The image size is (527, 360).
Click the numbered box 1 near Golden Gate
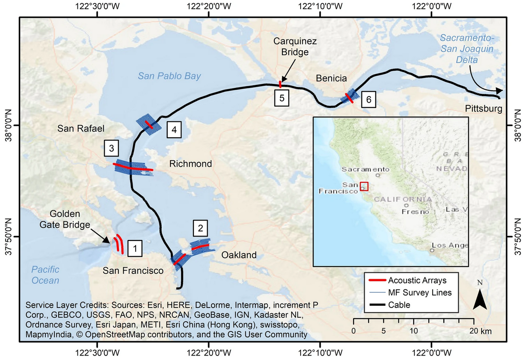point(135,248)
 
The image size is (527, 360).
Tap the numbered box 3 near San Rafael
point(111,148)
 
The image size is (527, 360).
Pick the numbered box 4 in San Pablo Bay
point(174,130)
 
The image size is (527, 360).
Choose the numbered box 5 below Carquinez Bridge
point(282,98)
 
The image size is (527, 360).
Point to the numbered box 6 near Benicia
point(367,100)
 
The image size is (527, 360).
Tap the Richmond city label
point(190,164)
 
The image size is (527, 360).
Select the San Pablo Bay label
point(169,76)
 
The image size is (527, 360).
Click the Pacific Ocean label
point(45,275)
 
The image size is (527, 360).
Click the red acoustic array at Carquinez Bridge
point(280,84)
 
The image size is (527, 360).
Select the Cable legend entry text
point(399,305)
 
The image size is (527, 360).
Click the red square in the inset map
point(364,186)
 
